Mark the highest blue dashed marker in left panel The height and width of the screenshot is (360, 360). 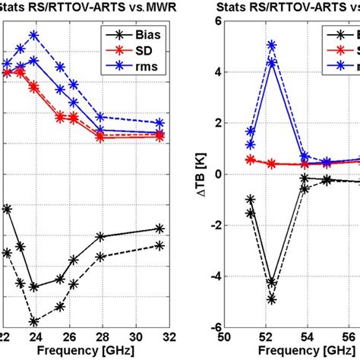pyautogui.click(x=34, y=35)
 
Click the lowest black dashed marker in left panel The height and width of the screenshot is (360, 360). pyautogui.click(x=34, y=321)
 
